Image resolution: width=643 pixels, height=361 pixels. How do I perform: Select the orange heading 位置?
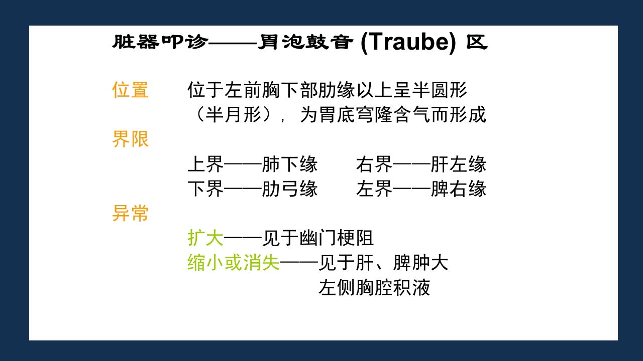click(130, 90)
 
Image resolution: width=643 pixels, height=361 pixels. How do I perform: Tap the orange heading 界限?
click(130, 139)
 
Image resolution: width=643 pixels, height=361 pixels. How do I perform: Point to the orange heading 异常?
click(130, 214)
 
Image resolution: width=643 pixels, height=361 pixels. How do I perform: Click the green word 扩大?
click(205, 238)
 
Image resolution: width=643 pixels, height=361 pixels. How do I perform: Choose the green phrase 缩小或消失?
click(233, 263)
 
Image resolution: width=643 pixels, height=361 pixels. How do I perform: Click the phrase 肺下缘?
click(290, 164)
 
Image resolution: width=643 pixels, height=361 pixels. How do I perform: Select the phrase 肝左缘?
click(459, 164)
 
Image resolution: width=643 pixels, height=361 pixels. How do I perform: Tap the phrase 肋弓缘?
click(290, 189)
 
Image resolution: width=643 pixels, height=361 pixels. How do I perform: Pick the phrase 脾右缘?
click(459, 189)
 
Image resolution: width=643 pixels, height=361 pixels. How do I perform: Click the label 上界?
click(205, 164)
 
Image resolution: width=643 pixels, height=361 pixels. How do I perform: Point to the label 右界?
click(374, 164)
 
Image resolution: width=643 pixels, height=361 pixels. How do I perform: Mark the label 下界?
click(205, 189)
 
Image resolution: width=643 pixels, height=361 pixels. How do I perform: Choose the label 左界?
click(374, 189)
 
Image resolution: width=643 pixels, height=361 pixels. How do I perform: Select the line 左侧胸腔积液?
click(374, 288)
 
